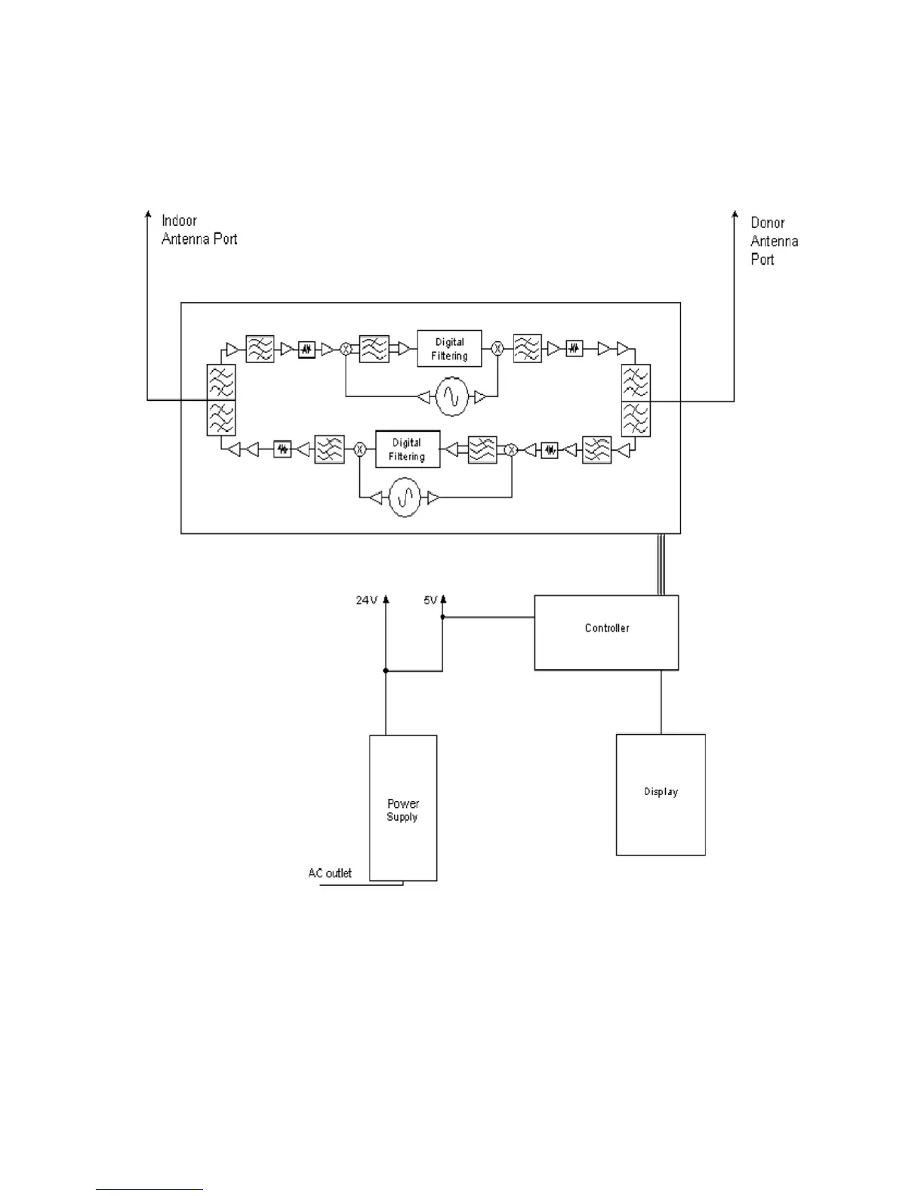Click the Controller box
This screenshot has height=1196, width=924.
coord(606,632)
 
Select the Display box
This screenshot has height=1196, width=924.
coord(661,794)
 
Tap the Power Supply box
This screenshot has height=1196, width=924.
coord(403,808)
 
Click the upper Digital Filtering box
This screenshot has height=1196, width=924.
coord(449,349)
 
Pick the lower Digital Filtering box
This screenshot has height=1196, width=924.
coord(408,449)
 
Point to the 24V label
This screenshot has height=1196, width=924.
coord(366,600)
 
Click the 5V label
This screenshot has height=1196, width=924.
coord(430,600)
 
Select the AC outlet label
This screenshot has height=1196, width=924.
coord(330,873)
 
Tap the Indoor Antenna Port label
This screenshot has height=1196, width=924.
coord(199,230)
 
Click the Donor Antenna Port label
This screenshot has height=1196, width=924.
coord(774,241)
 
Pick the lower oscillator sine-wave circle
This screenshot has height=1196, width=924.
coord(405,498)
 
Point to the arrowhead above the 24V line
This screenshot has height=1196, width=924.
coord(386,599)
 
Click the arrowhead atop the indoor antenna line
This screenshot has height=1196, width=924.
coord(148,215)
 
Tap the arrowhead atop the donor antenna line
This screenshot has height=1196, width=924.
coord(735,215)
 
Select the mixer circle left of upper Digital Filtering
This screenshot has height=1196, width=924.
coord(346,349)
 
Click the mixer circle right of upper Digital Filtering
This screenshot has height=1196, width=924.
coord(497,348)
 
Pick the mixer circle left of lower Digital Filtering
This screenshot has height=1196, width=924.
coord(360,449)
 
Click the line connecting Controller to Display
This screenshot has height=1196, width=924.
coord(661,702)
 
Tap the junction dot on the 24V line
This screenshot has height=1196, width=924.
coord(386,670)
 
